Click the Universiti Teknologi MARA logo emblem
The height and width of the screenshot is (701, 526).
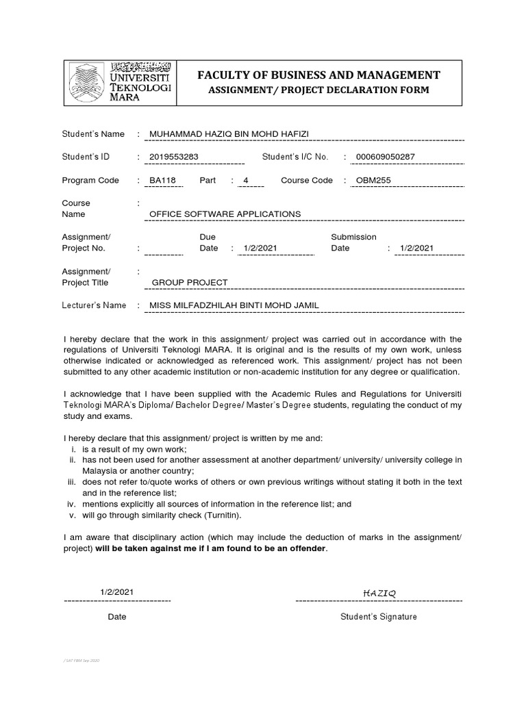pyautogui.click(x=88, y=82)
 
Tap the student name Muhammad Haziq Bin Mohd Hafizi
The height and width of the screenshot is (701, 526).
pyautogui.click(x=229, y=133)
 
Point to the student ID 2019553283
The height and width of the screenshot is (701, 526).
pyautogui.click(x=174, y=157)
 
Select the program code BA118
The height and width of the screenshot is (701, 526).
pyautogui.click(x=162, y=181)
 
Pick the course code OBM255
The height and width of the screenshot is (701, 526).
pyautogui.click(x=373, y=181)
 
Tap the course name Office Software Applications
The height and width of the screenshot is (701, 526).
pyautogui.click(x=225, y=214)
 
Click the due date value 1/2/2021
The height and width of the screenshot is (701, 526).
pyautogui.click(x=260, y=248)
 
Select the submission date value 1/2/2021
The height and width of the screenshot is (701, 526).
pyautogui.click(x=416, y=248)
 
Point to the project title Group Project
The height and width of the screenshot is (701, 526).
pyautogui.click(x=190, y=282)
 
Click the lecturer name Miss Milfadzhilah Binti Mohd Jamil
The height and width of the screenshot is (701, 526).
pyautogui.click(x=234, y=305)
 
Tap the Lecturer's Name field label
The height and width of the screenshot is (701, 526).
pyautogui.click(x=94, y=305)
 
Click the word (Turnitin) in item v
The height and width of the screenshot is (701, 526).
pyautogui.click(x=218, y=515)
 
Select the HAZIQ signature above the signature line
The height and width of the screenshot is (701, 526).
pyautogui.click(x=379, y=592)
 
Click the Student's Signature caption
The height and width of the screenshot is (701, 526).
pyautogui.click(x=379, y=617)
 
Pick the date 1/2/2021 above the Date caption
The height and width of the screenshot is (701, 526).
pyautogui.click(x=117, y=591)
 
